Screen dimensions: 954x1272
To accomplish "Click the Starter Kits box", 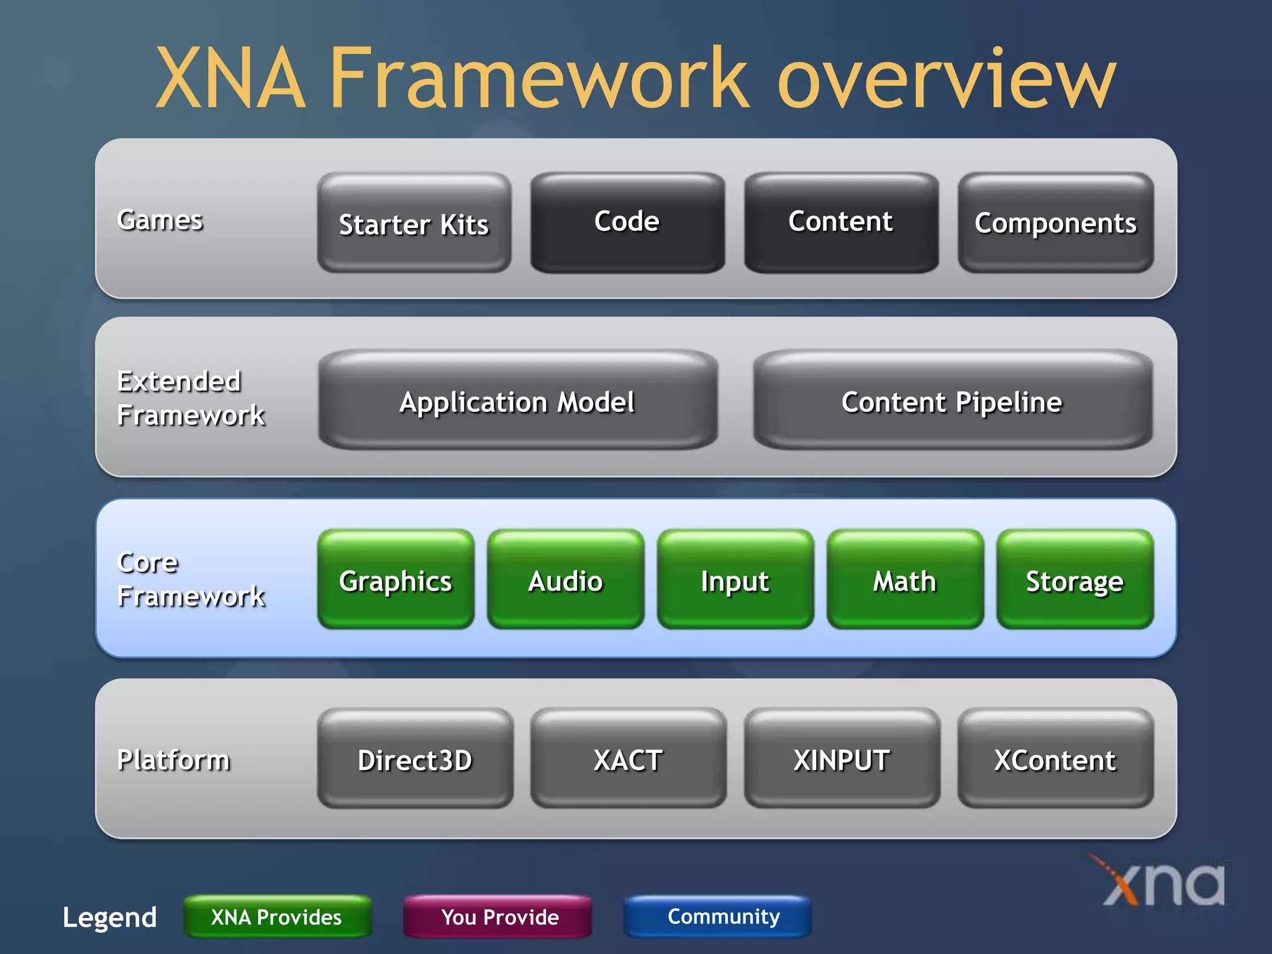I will (x=414, y=223).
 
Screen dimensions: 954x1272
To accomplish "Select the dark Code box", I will (x=627, y=222).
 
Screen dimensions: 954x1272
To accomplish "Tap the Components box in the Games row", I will (x=1055, y=222).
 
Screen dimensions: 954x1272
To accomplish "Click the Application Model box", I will (x=517, y=401).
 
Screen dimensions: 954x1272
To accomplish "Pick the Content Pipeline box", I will (x=952, y=401).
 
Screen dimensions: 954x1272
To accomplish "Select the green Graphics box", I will (x=396, y=580).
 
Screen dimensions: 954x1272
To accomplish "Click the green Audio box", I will (x=565, y=580).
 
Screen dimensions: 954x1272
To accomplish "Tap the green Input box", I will (x=735, y=580).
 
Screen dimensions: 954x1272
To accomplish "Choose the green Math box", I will (x=905, y=580).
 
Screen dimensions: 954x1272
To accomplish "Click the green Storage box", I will (x=1074, y=580).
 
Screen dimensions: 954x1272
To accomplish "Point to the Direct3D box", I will (x=415, y=759).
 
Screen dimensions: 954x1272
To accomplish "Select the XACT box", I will (x=628, y=759).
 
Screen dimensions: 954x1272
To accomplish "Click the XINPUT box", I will (x=842, y=759).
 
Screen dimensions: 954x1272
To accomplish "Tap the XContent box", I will (x=1055, y=759).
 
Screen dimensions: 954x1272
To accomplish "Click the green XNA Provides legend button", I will (x=277, y=917).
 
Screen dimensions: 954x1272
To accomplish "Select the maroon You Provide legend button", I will (x=497, y=917).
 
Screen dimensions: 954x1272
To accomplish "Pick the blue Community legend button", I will (x=717, y=917).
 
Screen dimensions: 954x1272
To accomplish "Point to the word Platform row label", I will (x=173, y=759).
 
